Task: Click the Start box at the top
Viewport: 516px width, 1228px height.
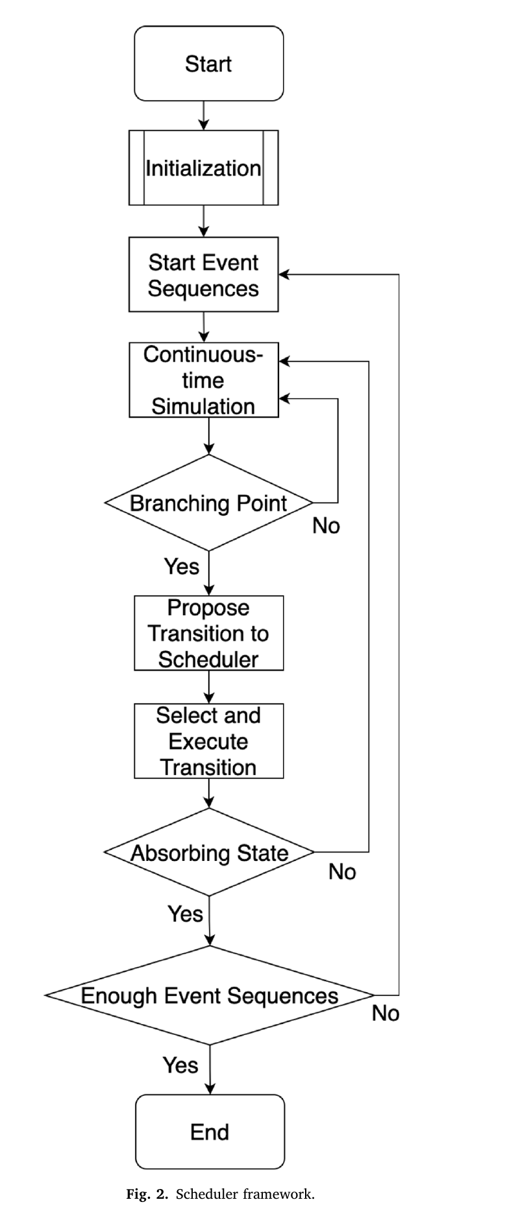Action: [x=208, y=64]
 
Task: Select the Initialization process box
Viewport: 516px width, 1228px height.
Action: [x=204, y=168]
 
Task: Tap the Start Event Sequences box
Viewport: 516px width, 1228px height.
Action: [x=204, y=274]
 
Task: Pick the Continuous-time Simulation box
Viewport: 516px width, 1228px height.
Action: [x=204, y=380]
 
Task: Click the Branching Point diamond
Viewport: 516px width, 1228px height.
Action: [x=208, y=503]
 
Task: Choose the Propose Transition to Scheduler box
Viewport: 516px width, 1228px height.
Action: [x=208, y=633]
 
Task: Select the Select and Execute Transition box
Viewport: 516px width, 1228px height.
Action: [x=208, y=741]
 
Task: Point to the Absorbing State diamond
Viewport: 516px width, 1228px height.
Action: [x=209, y=852]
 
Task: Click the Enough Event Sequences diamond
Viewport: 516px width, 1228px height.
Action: [x=209, y=995]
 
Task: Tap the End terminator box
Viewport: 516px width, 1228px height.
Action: [x=210, y=1131]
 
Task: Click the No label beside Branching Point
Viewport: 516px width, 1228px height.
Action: [x=326, y=525]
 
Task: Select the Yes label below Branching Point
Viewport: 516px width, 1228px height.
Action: [x=182, y=566]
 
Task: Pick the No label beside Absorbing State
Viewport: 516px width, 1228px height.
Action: [x=342, y=871]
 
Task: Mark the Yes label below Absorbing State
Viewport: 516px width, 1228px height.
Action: [x=186, y=914]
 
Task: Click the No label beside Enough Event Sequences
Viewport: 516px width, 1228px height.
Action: [x=386, y=1013]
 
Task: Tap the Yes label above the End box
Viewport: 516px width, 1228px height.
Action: [x=180, y=1065]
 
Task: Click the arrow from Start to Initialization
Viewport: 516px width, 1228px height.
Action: [x=204, y=116]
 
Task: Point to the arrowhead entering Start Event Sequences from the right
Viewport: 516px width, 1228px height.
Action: [x=284, y=275]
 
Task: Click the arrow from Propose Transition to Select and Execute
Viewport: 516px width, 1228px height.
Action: [x=209, y=687]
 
